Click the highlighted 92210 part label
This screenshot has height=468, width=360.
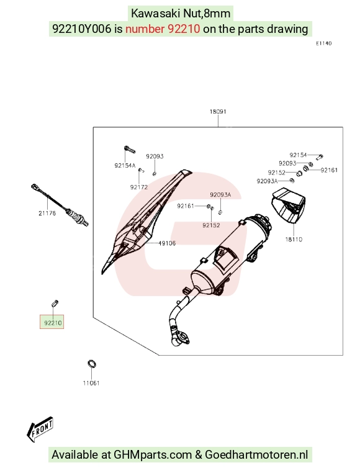tap(53, 323)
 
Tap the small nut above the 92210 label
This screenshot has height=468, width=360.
tap(55, 304)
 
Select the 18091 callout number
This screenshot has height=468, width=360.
tap(218, 112)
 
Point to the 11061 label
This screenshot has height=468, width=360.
tap(91, 383)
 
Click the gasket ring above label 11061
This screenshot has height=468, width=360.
tap(92, 364)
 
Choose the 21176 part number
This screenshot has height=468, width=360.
tap(47, 213)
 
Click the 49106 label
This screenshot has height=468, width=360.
tap(167, 243)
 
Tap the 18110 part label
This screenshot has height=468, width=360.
tap(294, 240)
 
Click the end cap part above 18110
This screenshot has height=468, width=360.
tap(288, 205)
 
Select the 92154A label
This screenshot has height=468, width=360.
tap(125, 165)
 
